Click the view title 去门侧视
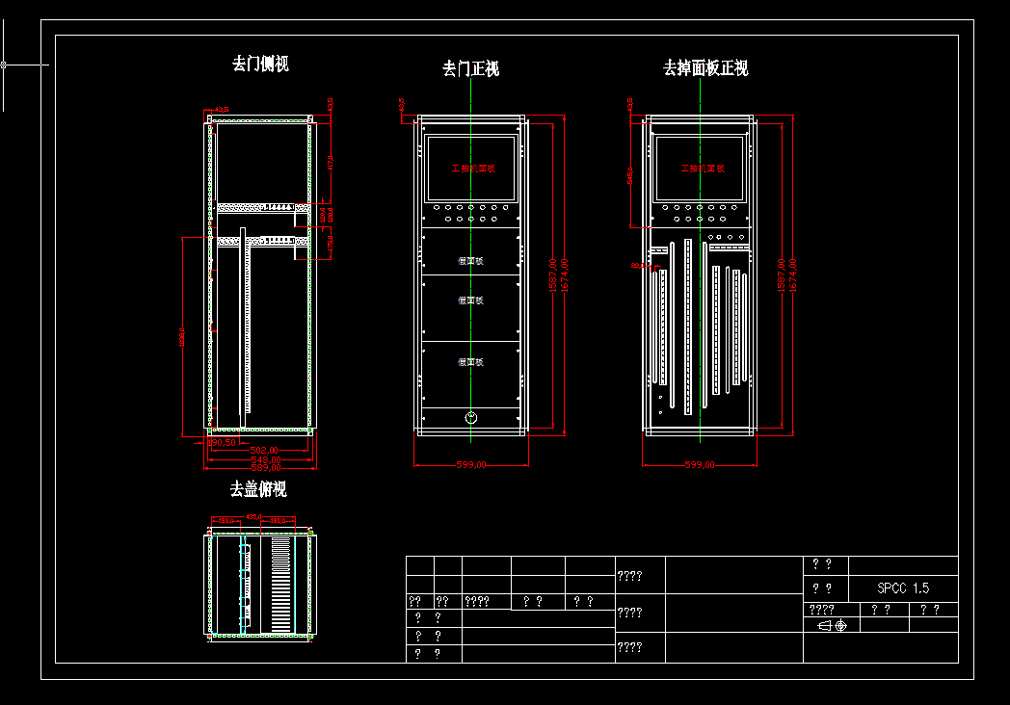coord(260,65)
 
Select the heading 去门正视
coord(470,68)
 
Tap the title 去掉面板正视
coord(705,68)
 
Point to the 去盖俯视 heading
coord(257,489)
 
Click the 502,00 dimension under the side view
coord(264,450)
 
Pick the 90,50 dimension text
coord(224,443)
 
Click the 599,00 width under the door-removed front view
coord(470,465)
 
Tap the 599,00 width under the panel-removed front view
coord(700,465)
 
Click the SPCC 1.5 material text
coord(903,588)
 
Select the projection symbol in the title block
coord(832,625)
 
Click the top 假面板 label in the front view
coord(470,261)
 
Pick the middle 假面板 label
coord(470,300)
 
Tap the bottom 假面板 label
coord(470,362)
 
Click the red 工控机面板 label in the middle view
coord(472,169)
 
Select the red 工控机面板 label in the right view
coord(702,169)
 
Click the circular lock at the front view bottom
coord(471,417)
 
